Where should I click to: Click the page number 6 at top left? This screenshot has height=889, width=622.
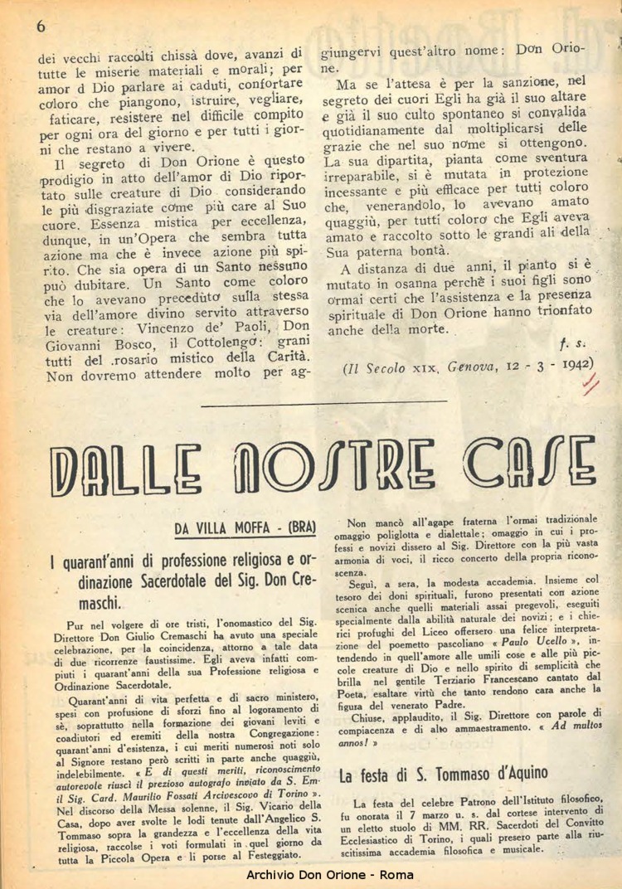point(39,26)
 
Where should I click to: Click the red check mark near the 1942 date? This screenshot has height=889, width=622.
point(591,382)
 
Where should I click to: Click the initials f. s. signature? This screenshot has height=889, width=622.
point(570,342)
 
